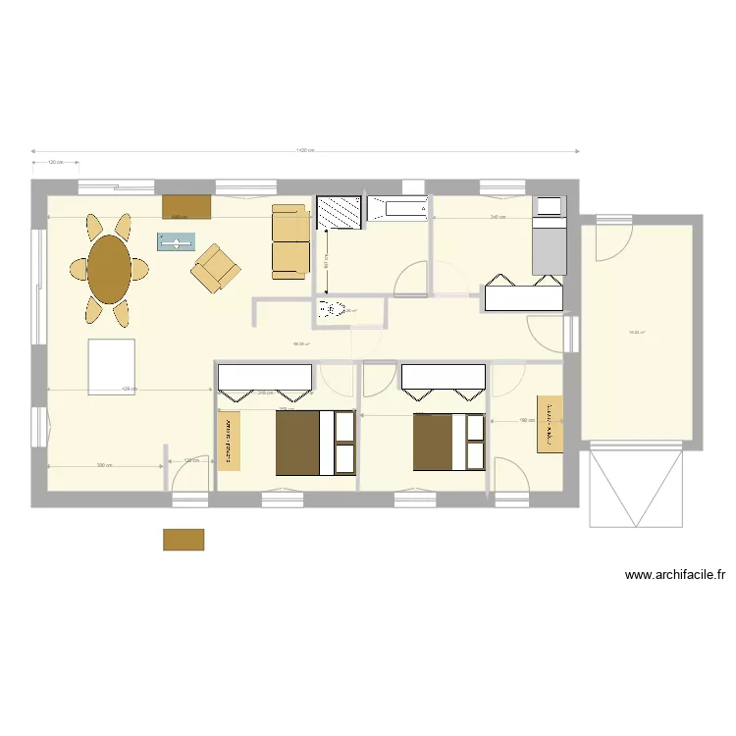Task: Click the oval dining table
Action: (x=109, y=269)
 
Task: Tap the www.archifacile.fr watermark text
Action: (x=675, y=576)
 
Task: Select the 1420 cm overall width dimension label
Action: (x=305, y=150)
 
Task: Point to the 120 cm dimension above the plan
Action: (x=55, y=163)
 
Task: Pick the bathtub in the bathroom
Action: (x=397, y=208)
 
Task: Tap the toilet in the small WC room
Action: (x=329, y=311)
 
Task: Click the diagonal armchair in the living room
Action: (x=216, y=268)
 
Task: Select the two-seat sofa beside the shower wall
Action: (x=289, y=240)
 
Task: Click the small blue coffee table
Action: (x=177, y=242)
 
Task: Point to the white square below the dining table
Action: (x=111, y=366)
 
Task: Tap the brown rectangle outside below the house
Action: (x=184, y=540)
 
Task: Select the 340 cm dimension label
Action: (x=498, y=217)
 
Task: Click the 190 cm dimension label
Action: (x=526, y=420)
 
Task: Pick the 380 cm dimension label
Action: (x=102, y=465)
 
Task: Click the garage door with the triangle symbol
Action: (x=636, y=487)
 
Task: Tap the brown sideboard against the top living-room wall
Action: (x=186, y=206)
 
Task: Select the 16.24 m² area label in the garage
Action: (x=636, y=333)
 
